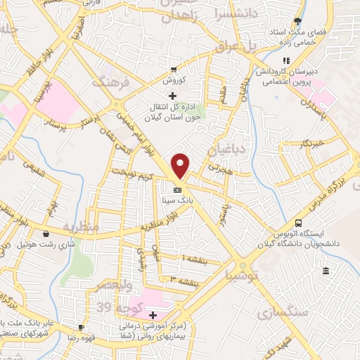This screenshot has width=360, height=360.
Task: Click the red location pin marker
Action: click(181, 165)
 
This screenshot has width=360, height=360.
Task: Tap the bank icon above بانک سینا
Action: click(177, 190)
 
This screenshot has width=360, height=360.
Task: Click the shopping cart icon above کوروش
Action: click(173, 70)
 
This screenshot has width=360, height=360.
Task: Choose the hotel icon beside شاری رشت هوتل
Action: click(46, 234)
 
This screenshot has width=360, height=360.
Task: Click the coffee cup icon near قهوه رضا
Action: click(82, 327)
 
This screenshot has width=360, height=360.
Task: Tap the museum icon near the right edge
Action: click(326, 271)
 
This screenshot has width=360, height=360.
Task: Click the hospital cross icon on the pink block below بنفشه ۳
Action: click(153, 314)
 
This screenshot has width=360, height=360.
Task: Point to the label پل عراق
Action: click(262, 47)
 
